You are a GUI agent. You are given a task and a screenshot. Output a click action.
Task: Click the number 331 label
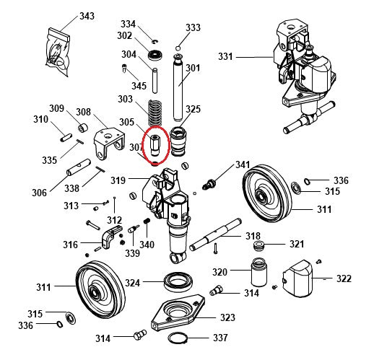point(226,56)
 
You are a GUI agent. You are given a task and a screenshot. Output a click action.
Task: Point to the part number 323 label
point(227,317)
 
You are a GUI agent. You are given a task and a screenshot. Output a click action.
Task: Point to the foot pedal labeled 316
point(108,235)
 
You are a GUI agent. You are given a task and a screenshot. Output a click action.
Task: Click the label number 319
point(118,180)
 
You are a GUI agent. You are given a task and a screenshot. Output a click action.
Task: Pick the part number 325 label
point(193,109)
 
